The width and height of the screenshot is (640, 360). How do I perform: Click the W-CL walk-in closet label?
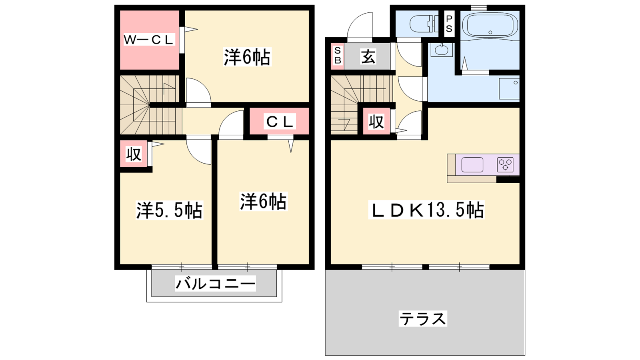click(149, 40)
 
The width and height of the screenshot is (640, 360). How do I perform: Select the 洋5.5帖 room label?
click(170, 210)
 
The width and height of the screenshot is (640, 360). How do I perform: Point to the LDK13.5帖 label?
click(426, 210)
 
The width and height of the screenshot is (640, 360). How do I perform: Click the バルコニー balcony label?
click(215, 284)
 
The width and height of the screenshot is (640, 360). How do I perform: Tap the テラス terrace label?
click(423, 318)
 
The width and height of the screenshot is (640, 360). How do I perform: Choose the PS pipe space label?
click(449, 24)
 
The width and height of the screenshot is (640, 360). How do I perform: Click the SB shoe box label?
click(338, 56)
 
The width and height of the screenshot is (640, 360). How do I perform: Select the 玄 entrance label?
click(368, 56)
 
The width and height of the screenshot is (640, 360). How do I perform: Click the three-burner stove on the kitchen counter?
click(505, 165)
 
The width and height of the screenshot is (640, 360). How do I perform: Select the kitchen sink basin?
click(472, 165)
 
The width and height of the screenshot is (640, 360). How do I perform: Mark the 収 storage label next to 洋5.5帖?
click(134, 154)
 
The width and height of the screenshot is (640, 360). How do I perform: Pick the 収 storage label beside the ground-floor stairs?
click(376, 122)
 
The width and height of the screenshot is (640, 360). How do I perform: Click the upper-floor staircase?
click(151, 105)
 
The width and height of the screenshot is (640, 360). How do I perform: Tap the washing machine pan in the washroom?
click(509, 88)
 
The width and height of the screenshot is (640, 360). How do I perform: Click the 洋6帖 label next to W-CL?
click(247, 57)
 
